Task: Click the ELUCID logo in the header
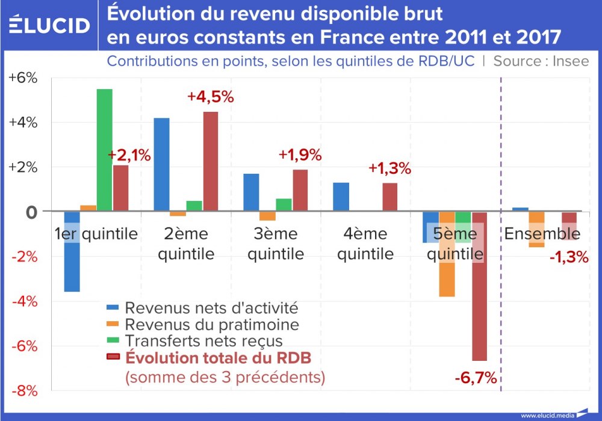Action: pos(50,25)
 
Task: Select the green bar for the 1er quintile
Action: pos(104,150)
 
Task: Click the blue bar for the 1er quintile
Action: pos(72,251)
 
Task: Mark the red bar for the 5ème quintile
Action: pos(479,286)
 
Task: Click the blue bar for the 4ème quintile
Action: pos(341,197)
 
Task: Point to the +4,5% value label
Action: pos(210,97)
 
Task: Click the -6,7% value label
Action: pos(476,378)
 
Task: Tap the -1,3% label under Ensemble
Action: pos(568,257)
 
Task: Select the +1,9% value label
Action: pos(300,155)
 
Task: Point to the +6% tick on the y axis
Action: pos(23,78)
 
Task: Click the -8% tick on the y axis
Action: pos(23,391)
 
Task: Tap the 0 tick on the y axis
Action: pos(31,212)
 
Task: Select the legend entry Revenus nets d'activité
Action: pos(211,307)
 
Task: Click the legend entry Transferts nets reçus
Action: pos(203,341)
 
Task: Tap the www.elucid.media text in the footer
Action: pos(547,415)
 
